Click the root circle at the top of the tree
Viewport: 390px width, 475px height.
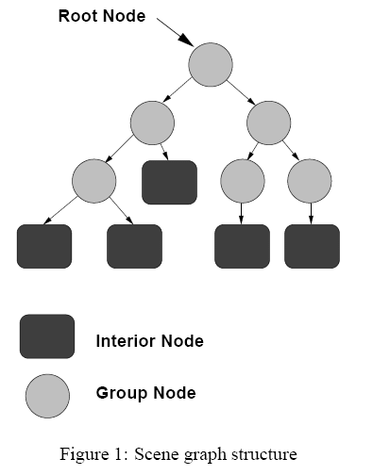(211, 65)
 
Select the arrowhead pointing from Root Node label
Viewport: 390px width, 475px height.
(186, 40)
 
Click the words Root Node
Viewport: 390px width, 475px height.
(102, 16)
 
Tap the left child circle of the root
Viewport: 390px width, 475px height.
(152, 123)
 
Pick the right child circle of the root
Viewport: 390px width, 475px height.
(269, 123)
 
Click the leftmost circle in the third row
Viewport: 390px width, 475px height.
(94, 181)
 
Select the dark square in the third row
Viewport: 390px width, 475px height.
(170, 182)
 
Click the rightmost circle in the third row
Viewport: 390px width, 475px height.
(310, 181)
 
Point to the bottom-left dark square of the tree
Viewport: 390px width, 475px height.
(44, 246)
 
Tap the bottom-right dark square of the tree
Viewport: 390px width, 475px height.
(313, 246)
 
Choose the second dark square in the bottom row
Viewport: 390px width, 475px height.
(135, 246)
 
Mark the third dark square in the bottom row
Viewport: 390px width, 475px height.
(243, 246)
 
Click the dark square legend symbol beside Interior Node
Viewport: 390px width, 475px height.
(47, 336)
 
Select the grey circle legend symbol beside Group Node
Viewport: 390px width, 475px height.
(47, 396)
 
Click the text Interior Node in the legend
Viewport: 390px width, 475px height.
(150, 341)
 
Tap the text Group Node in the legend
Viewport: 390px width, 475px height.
(146, 393)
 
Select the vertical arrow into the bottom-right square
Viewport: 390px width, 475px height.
(311, 214)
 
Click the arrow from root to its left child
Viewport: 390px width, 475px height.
(177, 90)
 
